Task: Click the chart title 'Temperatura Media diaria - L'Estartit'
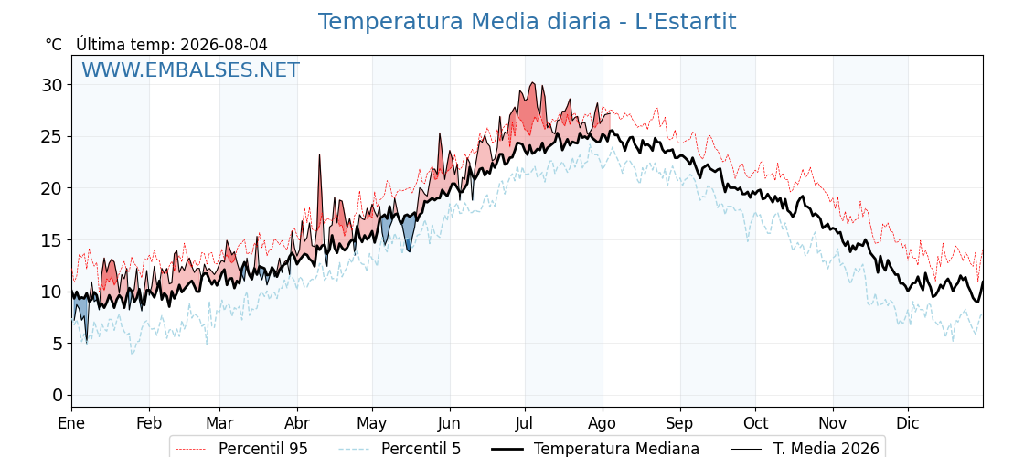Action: point(527,22)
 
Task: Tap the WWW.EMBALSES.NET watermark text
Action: point(191,69)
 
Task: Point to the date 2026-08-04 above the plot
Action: point(224,45)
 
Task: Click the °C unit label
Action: point(54,45)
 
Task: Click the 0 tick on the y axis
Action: point(59,395)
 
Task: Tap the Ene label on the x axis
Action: point(71,424)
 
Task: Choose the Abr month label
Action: point(297,424)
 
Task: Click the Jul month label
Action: point(525,424)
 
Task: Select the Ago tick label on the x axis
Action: point(603,424)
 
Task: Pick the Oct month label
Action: point(755,424)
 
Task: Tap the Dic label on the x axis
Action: point(909,424)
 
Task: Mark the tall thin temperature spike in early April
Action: point(320,196)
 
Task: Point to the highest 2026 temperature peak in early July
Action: point(533,83)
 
